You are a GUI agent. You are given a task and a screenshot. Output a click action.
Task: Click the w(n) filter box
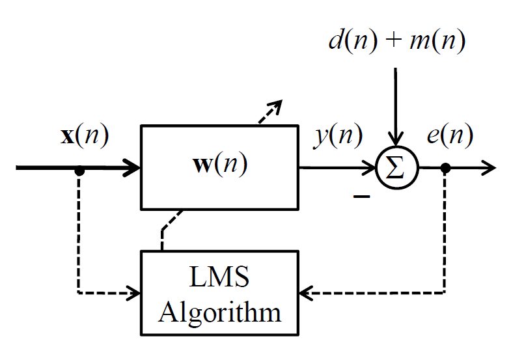(x=219, y=167)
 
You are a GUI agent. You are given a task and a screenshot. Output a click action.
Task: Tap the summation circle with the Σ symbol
(x=396, y=168)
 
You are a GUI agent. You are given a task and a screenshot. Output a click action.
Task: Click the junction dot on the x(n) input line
(x=79, y=171)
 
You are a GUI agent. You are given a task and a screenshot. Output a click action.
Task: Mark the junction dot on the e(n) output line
(x=445, y=168)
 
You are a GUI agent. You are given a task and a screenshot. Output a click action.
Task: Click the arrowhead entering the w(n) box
(x=133, y=168)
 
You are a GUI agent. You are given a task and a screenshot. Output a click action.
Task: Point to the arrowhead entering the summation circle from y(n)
(x=371, y=168)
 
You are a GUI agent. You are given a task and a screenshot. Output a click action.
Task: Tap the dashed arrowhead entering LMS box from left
(x=135, y=292)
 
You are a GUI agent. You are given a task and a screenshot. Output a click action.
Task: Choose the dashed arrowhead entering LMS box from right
(x=305, y=292)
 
